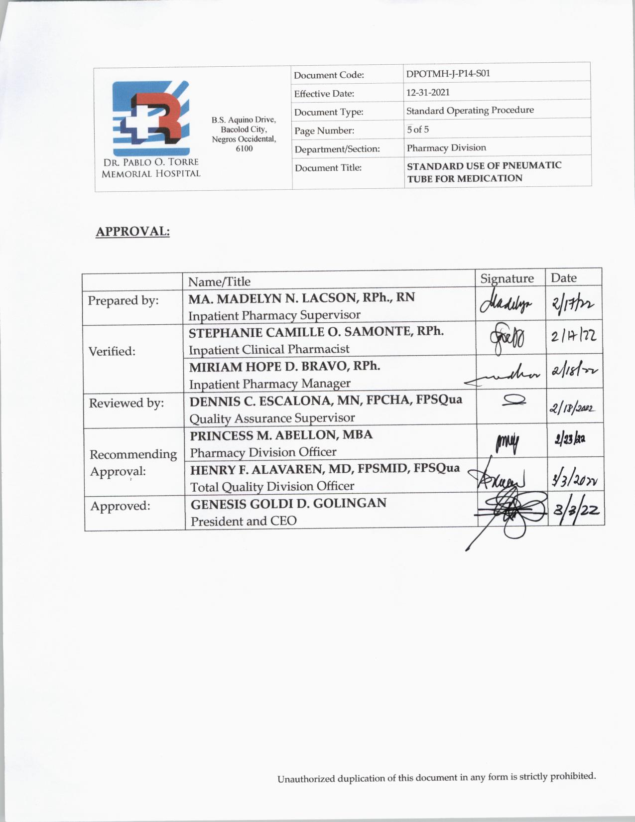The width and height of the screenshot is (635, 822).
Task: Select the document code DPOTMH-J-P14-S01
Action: point(448,73)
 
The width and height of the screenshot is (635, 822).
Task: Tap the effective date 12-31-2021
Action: point(428,92)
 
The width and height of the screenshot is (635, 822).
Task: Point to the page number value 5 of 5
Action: point(417,130)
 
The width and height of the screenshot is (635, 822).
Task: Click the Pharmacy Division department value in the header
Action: point(446,148)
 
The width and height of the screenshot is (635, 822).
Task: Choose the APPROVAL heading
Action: point(132,232)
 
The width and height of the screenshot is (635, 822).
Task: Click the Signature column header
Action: point(507,278)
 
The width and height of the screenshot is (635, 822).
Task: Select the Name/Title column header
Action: point(219,281)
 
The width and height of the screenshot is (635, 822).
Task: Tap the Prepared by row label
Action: point(123,300)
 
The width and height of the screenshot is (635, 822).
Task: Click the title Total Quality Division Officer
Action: point(272,486)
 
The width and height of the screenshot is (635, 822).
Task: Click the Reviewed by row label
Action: point(126,403)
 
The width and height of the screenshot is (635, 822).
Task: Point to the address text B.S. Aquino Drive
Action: point(244,120)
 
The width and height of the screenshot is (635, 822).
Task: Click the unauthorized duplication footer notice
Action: point(436,777)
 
